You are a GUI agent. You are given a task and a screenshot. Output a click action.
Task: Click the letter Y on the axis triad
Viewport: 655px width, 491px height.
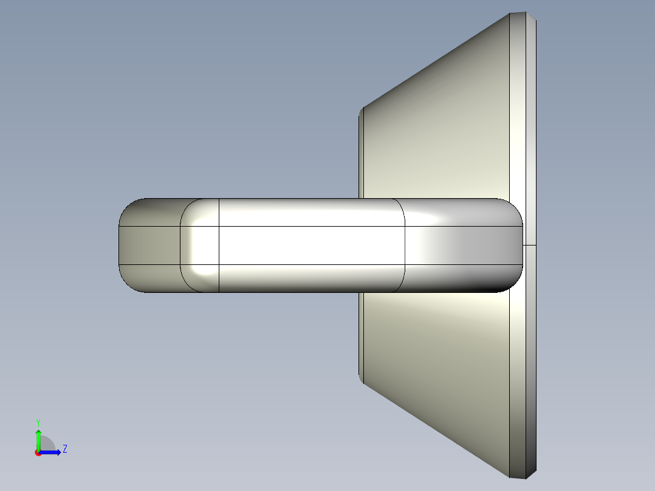coord(38,422)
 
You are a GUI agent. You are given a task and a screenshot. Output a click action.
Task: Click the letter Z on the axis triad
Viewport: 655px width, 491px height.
coord(64,449)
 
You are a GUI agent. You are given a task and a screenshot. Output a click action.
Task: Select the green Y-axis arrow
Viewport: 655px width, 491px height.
coord(38,438)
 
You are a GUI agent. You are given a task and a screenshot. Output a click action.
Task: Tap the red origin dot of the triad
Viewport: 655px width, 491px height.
coord(38,453)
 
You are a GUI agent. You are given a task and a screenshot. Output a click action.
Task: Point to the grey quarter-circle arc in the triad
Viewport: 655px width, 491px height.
coord(49,443)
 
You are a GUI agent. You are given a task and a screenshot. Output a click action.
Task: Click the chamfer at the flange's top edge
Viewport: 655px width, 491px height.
coord(523,15)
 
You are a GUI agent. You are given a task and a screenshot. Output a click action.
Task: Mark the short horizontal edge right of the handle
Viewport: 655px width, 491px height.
coord(529,245)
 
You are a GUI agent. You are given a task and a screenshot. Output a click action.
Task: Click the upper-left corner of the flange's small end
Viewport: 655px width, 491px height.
coord(362,110)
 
